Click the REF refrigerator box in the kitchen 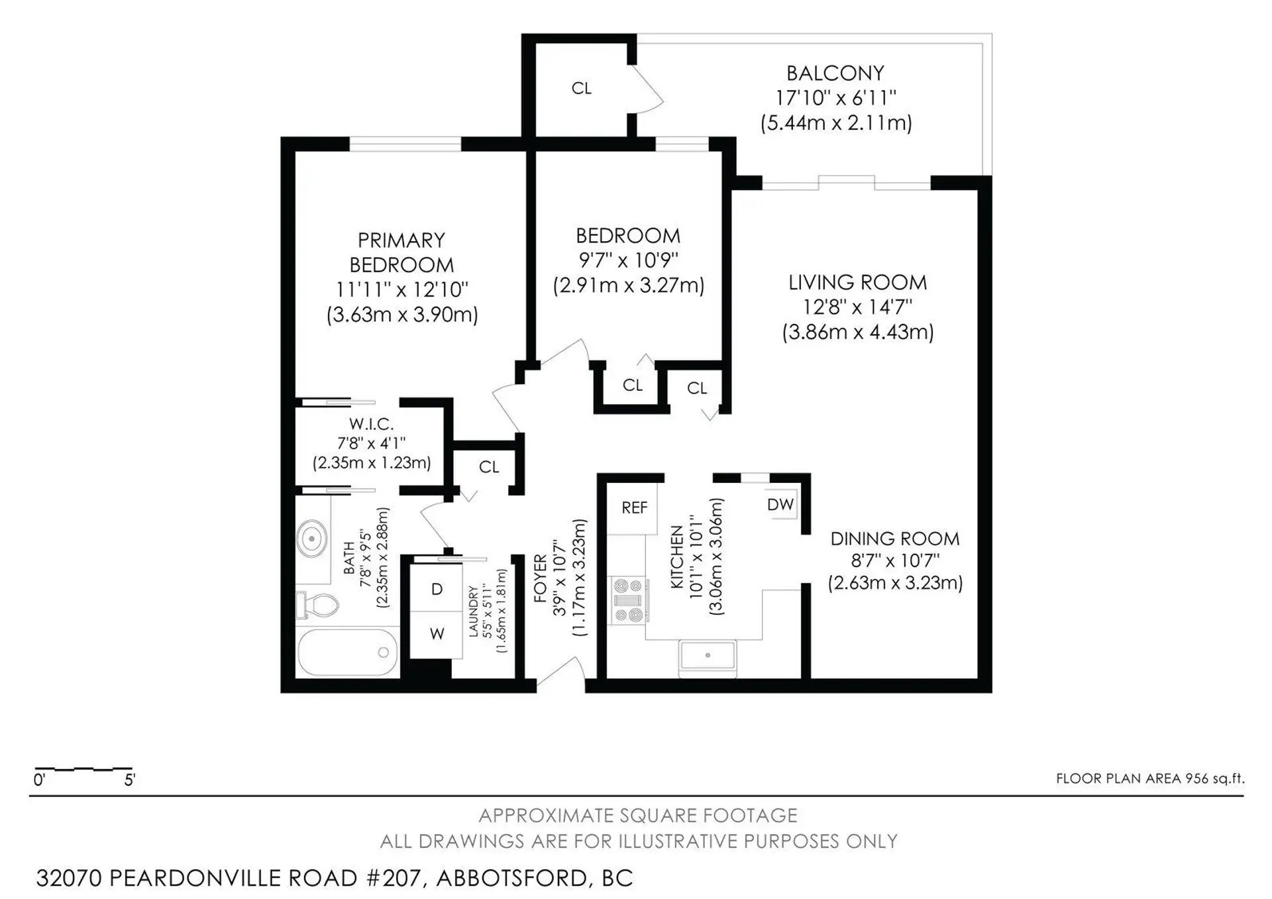coord(633,508)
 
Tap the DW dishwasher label coord(780,505)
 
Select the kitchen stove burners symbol coord(628,601)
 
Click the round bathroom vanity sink coord(311,539)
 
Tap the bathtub coord(347,653)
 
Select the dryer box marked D coord(436,589)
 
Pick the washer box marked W coord(436,634)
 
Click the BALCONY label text coord(835,73)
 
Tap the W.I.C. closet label coord(371,424)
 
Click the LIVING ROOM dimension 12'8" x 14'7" coord(857,307)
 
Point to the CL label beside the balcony coord(581,88)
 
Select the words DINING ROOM coord(894,539)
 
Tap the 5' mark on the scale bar coord(129,780)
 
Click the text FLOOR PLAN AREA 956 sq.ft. coord(1149,778)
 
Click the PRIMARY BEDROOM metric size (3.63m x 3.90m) coord(401,315)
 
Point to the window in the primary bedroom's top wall coord(405,143)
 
